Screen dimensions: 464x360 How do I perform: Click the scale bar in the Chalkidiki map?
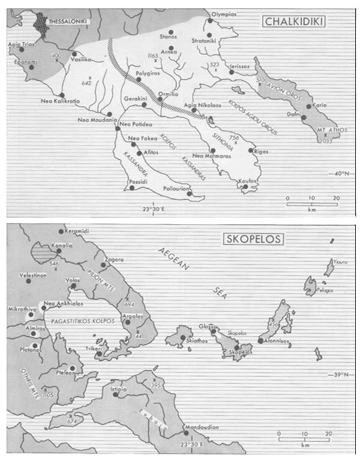pyautogui.click(x=313, y=204)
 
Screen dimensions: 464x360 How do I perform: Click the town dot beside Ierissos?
pyautogui.click(x=231, y=73)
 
